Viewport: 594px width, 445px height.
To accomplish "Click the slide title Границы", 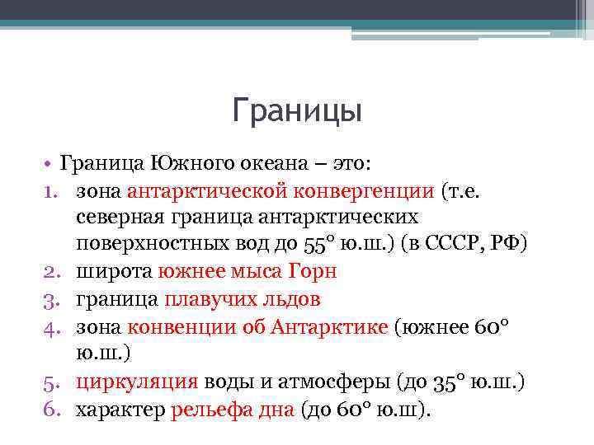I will tap(297, 110).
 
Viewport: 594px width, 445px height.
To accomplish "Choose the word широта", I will tap(109, 271).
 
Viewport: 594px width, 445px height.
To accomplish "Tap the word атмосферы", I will tap(309, 381).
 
